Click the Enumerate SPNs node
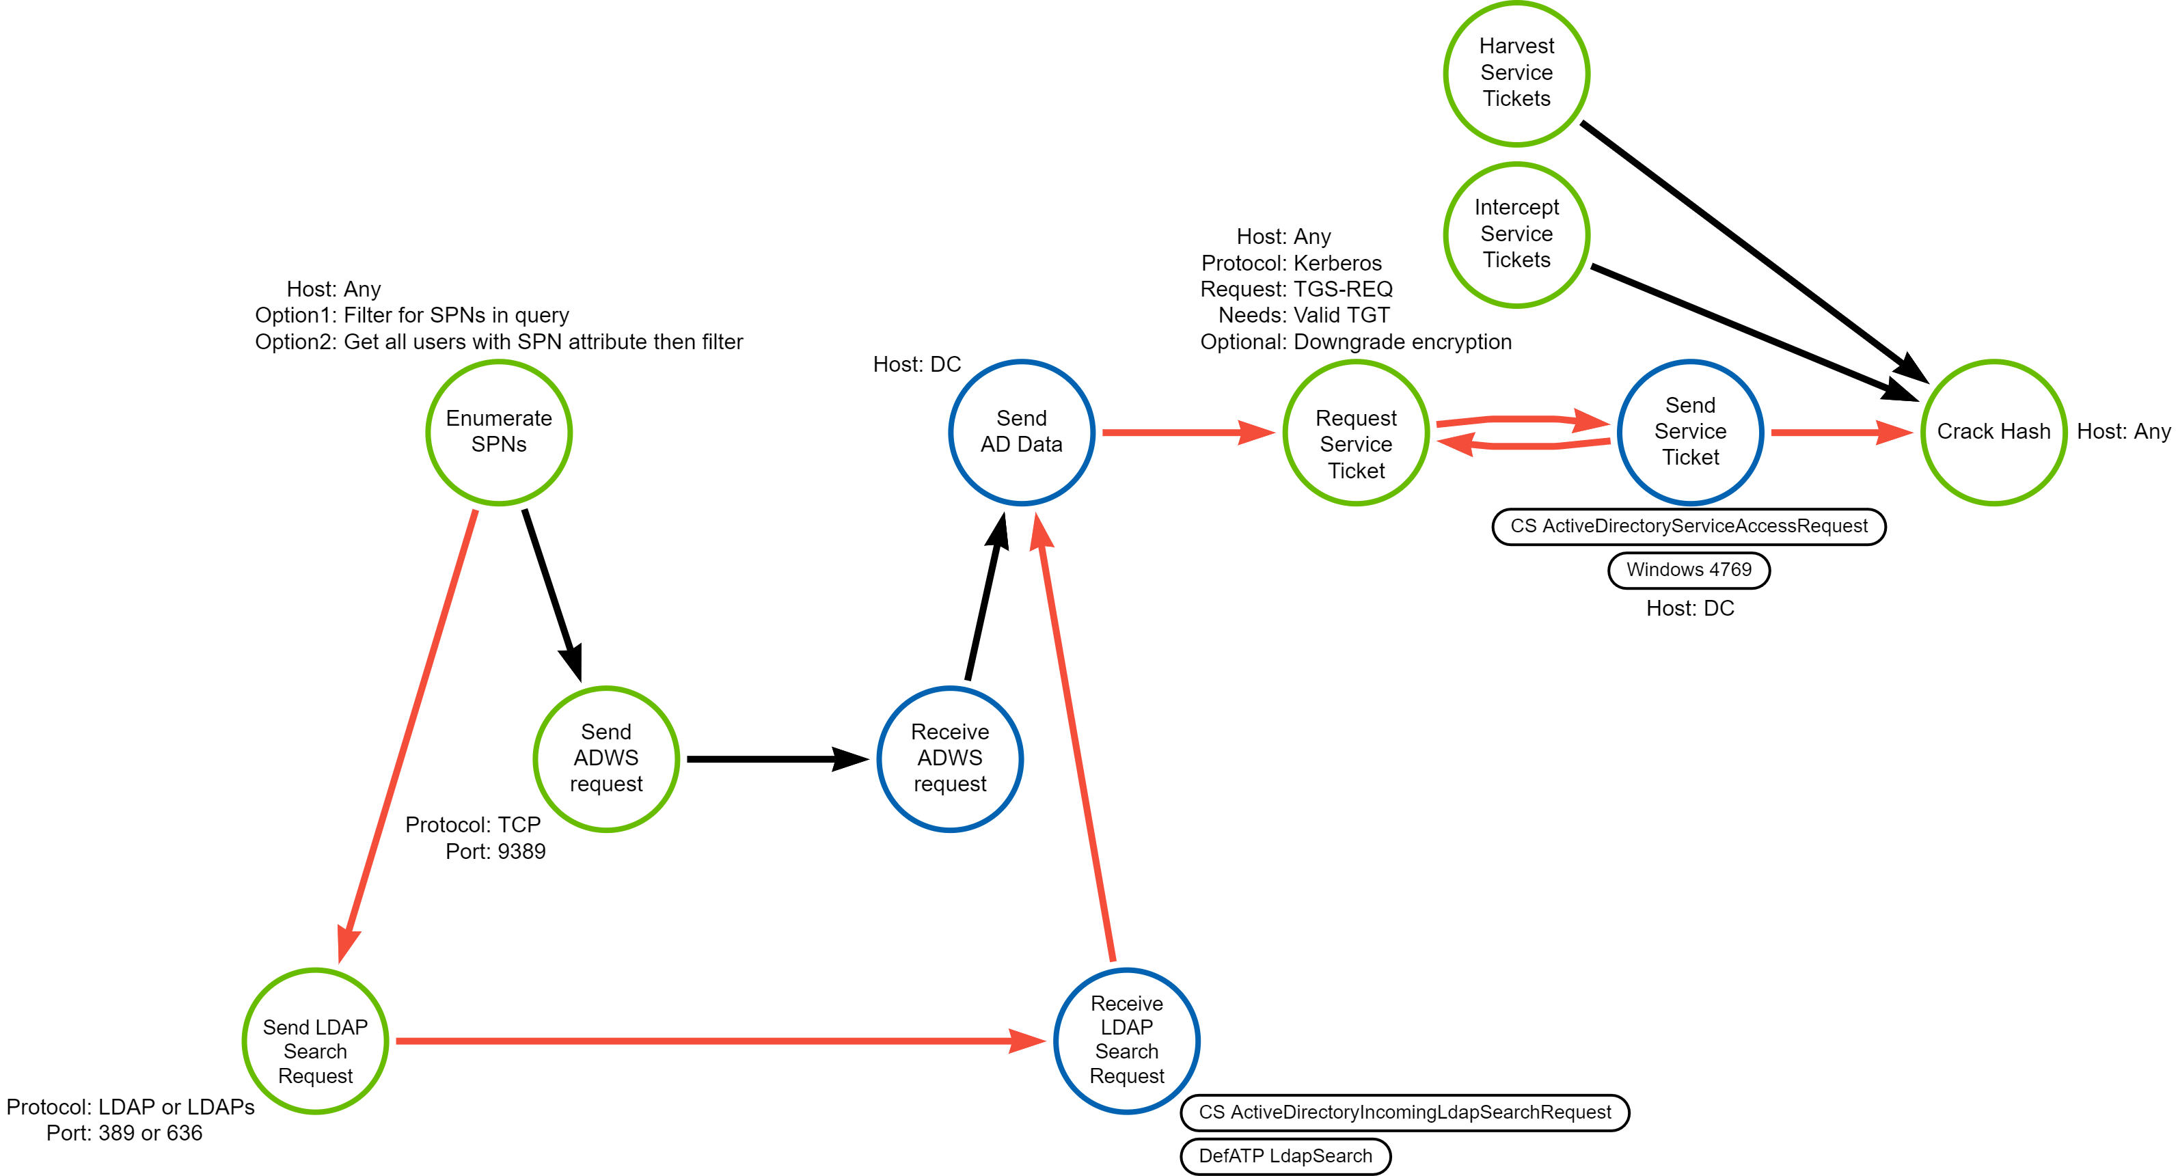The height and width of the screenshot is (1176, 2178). coord(499,432)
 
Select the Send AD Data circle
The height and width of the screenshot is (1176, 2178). coord(1022,432)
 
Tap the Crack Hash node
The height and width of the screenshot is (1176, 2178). coord(1993,432)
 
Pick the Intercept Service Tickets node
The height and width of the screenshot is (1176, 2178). coord(1516,234)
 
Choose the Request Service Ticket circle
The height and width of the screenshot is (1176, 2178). coord(1355,432)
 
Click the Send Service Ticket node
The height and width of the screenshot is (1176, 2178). coord(1690,432)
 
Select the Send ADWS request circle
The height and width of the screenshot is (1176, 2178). coord(606,758)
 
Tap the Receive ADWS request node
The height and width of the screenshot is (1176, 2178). coord(949,758)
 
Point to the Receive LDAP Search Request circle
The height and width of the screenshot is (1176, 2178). coord(1126,1041)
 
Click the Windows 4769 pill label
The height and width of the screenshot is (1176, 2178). coord(1689,570)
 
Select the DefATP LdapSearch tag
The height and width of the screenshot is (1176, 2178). coord(1285,1156)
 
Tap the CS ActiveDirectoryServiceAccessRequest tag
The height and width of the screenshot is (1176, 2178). coord(1689,526)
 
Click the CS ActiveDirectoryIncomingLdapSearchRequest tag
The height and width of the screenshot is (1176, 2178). coord(1404,1112)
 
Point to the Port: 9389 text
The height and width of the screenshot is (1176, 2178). coord(495,851)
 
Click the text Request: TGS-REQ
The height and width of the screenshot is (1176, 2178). coord(1296,289)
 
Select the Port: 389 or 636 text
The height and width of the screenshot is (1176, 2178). coord(124,1133)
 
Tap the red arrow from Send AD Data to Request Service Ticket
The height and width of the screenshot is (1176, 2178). coord(1184,432)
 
